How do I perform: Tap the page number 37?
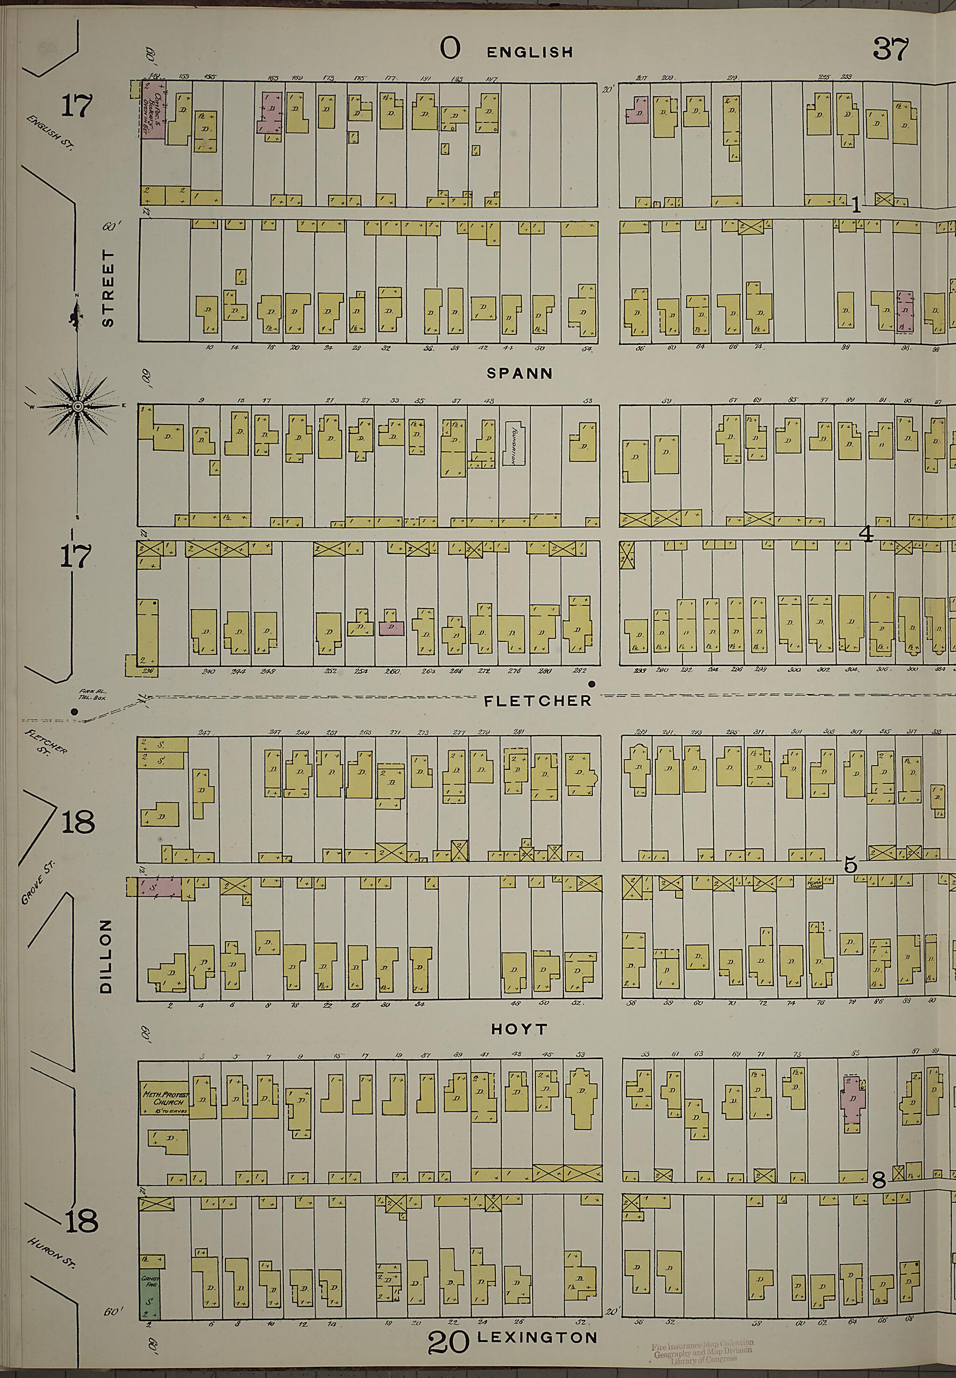890,49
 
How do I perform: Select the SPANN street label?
520,373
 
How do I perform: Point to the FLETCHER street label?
537,700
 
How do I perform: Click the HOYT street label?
519,1030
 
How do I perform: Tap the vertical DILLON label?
106,957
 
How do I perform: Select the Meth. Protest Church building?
163,1098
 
